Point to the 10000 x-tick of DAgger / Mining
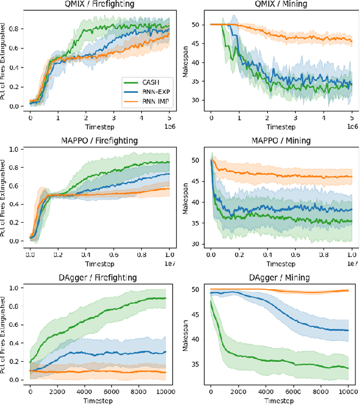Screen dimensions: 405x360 click(347, 391)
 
